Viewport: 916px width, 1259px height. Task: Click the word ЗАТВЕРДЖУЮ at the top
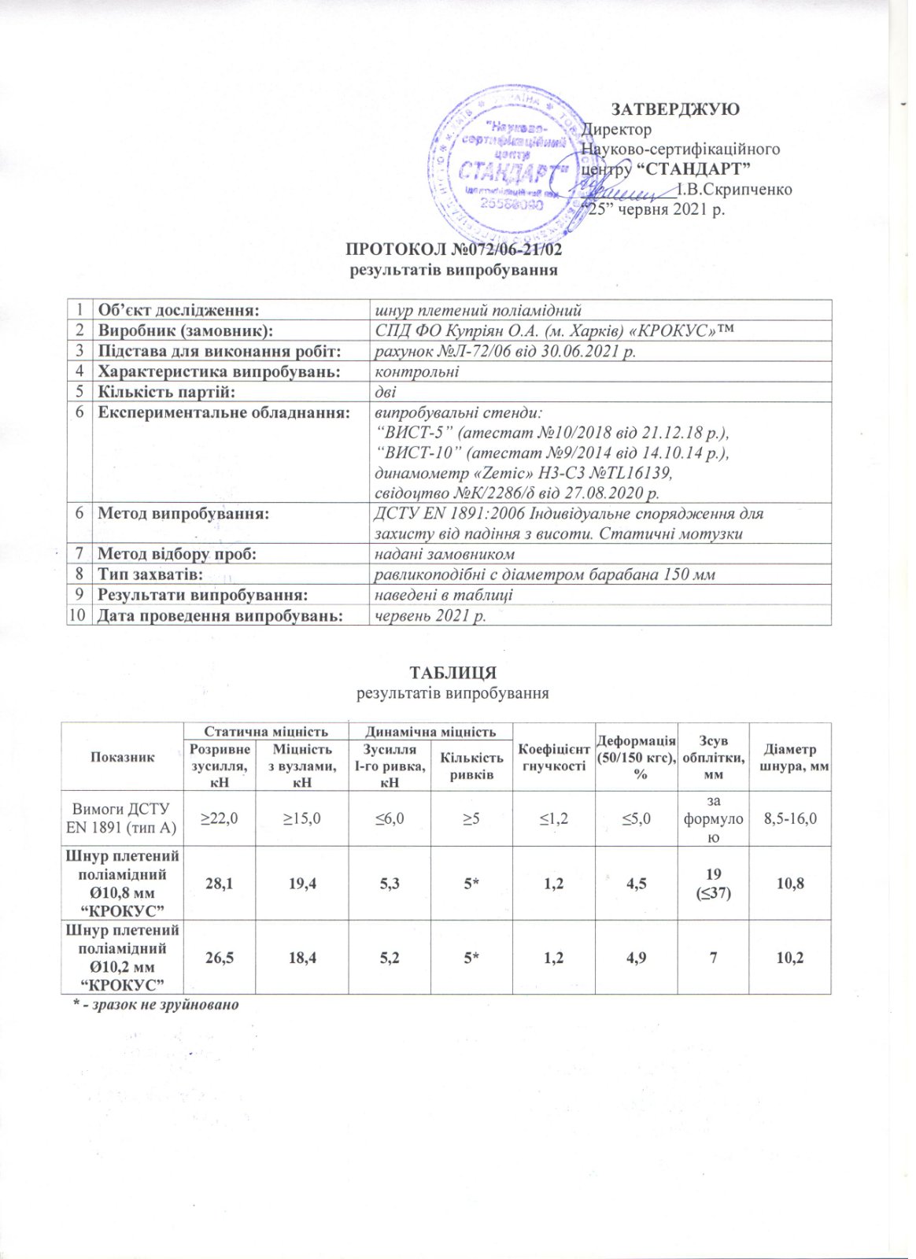pyautogui.click(x=675, y=109)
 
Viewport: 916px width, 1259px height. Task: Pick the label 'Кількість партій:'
pyautogui.click(x=166, y=392)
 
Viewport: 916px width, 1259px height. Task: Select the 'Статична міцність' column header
pyautogui.click(x=266, y=731)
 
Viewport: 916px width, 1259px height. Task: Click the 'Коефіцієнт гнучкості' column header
pyautogui.click(x=554, y=758)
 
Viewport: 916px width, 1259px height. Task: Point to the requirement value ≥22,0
pyautogui.click(x=220, y=818)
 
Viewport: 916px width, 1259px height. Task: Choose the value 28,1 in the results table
pyautogui.click(x=220, y=884)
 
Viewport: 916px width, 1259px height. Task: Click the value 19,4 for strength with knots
pyautogui.click(x=303, y=884)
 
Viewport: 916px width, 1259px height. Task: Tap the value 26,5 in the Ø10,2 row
pyautogui.click(x=220, y=958)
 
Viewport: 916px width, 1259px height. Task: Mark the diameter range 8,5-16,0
pyautogui.click(x=790, y=818)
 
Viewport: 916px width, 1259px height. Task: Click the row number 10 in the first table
pyautogui.click(x=78, y=615)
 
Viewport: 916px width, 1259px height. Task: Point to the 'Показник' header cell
pyautogui.click(x=122, y=757)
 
